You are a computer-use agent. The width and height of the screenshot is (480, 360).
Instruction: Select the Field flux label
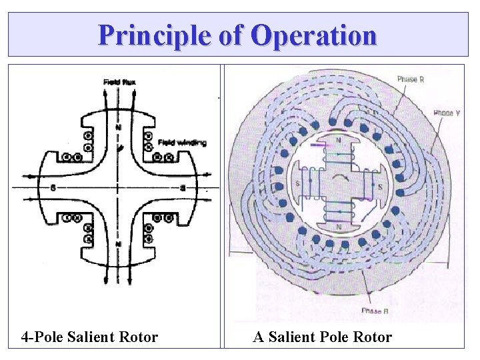(x=119, y=82)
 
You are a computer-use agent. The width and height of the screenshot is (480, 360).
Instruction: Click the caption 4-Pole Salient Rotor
(x=89, y=337)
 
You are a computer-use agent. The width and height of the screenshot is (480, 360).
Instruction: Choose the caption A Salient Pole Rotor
(x=322, y=337)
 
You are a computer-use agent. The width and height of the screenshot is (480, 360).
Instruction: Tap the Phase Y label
(x=446, y=113)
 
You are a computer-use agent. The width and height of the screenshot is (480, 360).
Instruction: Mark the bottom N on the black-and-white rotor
(x=119, y=245)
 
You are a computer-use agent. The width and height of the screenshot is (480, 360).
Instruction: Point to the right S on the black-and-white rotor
(x=182, y=188)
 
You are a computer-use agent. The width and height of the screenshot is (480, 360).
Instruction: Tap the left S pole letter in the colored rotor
(x=297, y=184)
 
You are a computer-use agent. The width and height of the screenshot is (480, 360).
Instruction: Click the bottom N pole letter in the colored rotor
(x=339, y=227)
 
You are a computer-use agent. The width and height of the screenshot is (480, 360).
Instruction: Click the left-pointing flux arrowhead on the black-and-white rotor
(x=29, y=177)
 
